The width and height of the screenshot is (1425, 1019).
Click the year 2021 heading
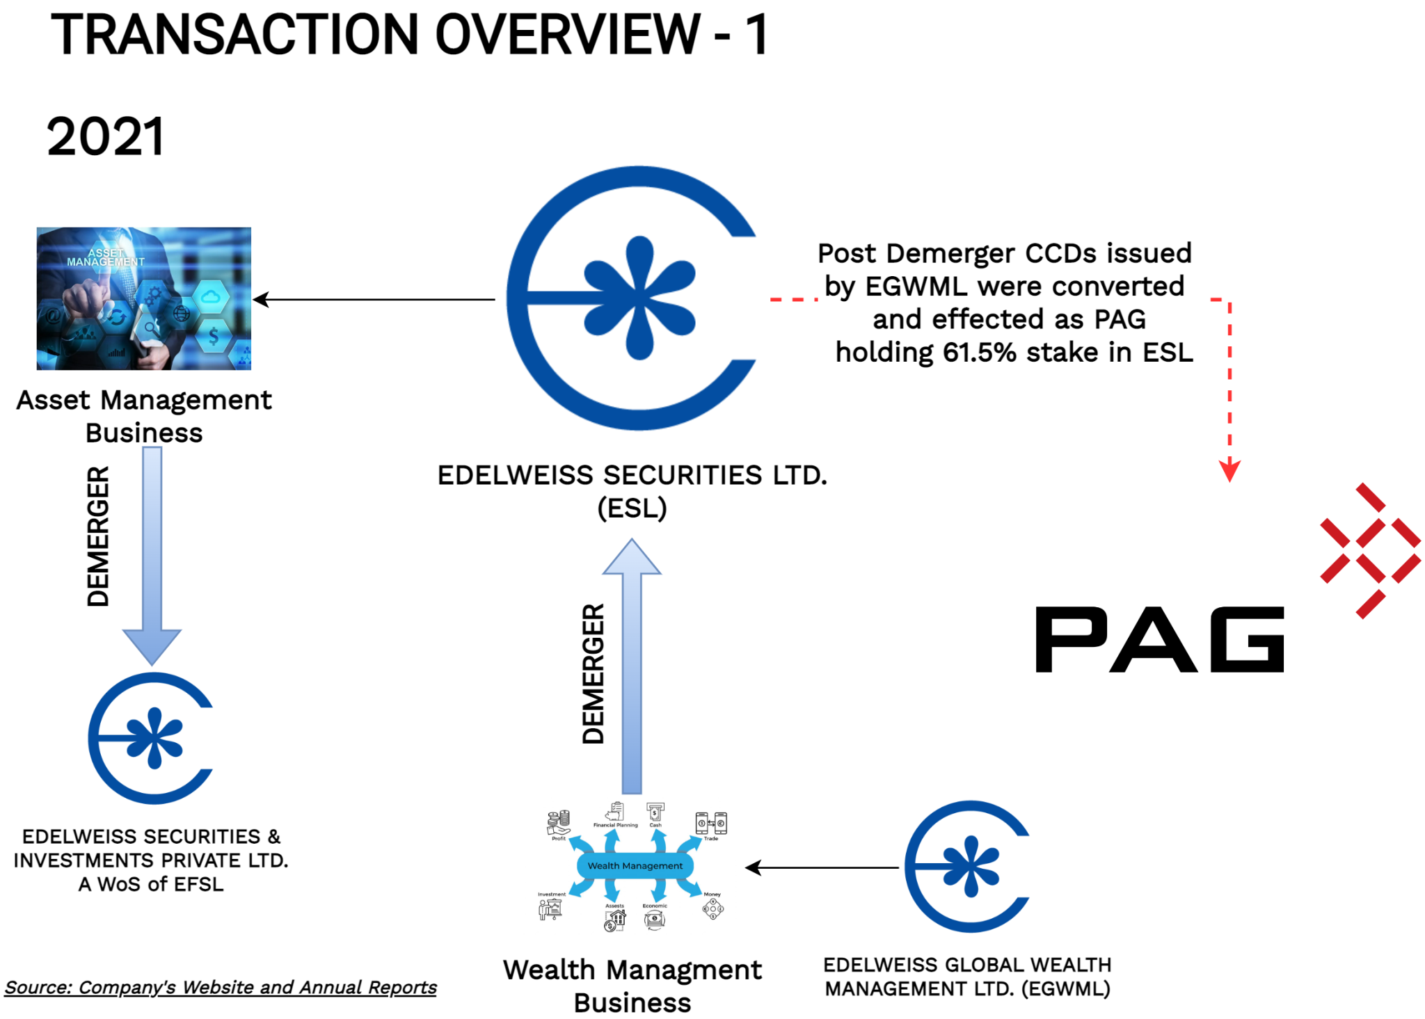pyautogui.click(x=106, y=136)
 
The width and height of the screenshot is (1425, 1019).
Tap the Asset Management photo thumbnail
pyautogui.click(x=144, y=298)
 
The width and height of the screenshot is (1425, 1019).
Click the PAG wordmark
pyautogui.click(x=1159, y=639)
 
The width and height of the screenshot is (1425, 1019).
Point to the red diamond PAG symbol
pyautogui.click(x=1370, y=550)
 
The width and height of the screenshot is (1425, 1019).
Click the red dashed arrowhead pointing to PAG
pyautogui.click(x=1229, y=471)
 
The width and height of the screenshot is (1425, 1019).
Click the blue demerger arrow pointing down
pyautogui.click(x=152, y=556)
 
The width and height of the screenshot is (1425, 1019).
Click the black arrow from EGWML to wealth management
pyautogui.click(x=821, y=867)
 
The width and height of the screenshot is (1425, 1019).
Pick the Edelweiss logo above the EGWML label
pyautogui.click(x=968, y=867)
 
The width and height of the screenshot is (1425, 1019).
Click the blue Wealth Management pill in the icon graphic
pyautogui.click(x=635, y=866)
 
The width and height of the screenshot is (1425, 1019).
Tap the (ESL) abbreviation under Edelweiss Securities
pyautogui.click(x=632, y=508)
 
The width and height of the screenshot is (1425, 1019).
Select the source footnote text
pyautogui.click(x=221, y=987)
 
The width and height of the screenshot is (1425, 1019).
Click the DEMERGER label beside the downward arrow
pyautogui.click(x=98, y=536)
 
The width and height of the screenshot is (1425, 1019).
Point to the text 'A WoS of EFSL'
pyautogui.click(x=151, y=884)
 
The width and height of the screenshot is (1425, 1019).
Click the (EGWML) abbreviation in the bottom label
pyautogui.click(x=1065, y=988)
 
